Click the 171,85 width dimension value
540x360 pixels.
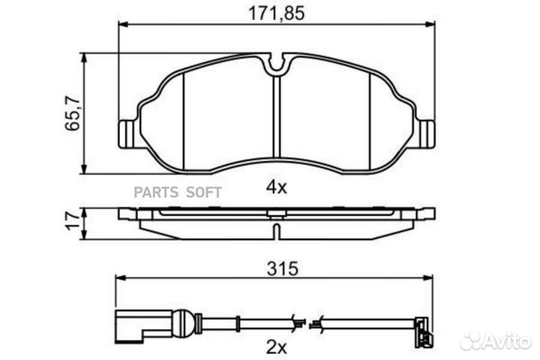[277, 13]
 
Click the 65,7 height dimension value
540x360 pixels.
[73, 114]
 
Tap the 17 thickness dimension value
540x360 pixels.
[73, 221]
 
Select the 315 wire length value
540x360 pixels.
[283, 268]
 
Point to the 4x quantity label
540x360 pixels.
[276, 187]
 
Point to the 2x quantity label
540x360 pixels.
[276, 347]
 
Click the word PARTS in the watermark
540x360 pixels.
[156, 192]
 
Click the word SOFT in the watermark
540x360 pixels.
[204, 192]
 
